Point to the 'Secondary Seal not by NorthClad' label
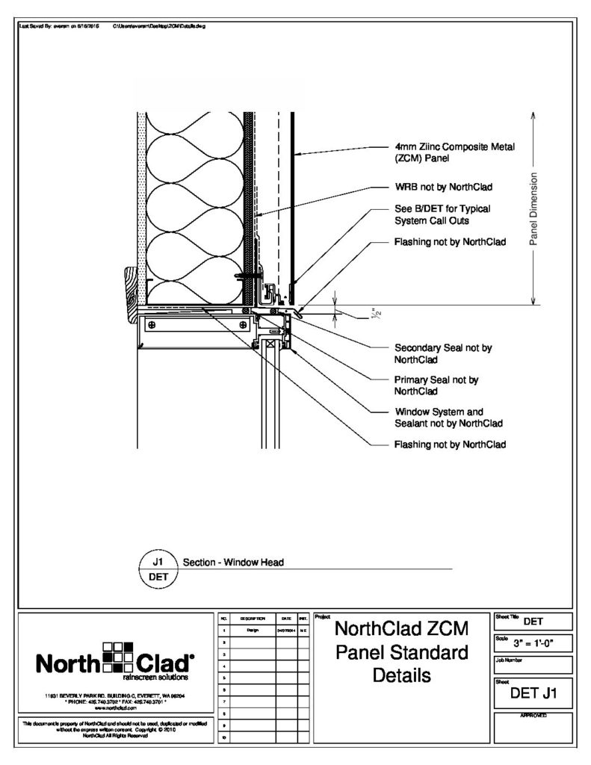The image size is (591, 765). click(x=442, y=353)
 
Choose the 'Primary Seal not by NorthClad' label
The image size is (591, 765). click(x=436, y=385)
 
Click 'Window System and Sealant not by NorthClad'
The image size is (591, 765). click(x=447, y=418)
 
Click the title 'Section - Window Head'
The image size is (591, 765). click(x=233, y=563)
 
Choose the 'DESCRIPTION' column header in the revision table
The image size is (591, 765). click(x=252, y=619)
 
